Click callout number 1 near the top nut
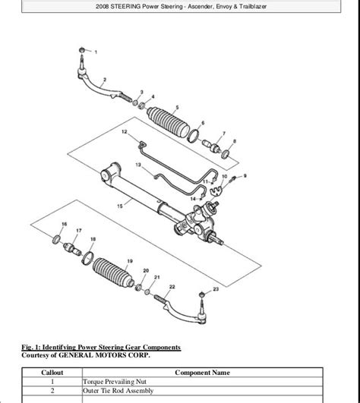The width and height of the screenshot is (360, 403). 96,52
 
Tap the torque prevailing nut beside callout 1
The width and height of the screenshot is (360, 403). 82,49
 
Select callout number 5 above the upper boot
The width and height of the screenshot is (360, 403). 177,108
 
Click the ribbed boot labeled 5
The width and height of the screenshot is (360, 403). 169,122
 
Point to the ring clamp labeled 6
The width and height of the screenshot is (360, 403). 194,136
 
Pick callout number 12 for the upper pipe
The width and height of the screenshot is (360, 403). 125,132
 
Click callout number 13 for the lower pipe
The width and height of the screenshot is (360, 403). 138,165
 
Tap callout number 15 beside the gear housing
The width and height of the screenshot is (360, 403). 120,206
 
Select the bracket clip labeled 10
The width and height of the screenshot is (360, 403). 216,190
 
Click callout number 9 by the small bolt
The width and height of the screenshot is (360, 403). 245,176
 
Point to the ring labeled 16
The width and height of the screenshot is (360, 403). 56,240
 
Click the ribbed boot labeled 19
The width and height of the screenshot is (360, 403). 113,272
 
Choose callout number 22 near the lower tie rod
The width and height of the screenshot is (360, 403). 172,287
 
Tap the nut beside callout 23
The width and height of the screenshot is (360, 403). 202,294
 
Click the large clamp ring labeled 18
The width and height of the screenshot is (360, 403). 87,258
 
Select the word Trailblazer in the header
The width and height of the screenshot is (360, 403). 253,6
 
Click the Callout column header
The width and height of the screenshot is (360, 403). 52,373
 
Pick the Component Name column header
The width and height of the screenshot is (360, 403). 202,373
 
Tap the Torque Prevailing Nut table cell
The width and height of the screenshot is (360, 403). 115,382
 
